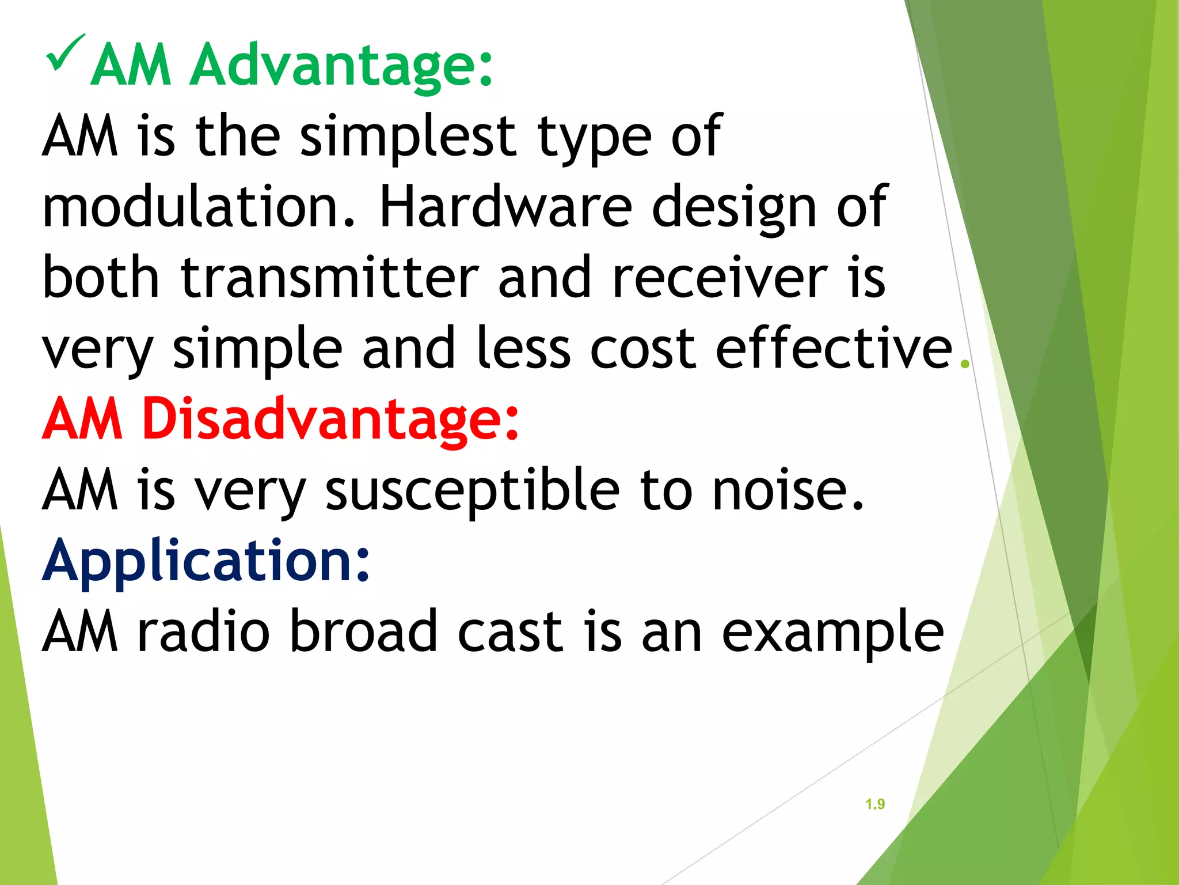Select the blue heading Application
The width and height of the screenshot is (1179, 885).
click(206, 560)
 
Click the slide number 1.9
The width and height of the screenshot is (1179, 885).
click(874, 804)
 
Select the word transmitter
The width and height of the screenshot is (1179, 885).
click(329, 278)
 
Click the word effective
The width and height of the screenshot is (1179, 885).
click(834, 348)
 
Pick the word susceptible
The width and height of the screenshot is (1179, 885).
click(472, 490)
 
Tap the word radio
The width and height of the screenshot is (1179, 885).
click(203, 631)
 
